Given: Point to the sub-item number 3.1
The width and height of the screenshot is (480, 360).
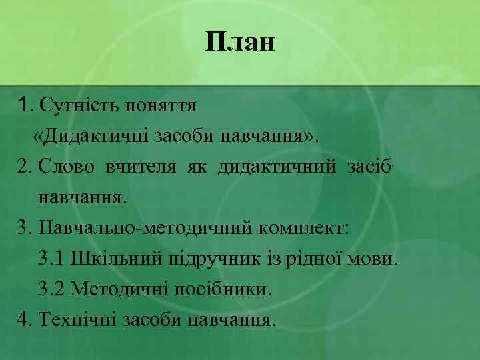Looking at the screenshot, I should click(53, 259).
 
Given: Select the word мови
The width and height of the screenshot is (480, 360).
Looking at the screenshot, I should click(375, 259).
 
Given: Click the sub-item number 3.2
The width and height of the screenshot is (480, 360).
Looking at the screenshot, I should click(53, 289).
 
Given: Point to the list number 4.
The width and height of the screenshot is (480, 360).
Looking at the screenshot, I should click(25, 320).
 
